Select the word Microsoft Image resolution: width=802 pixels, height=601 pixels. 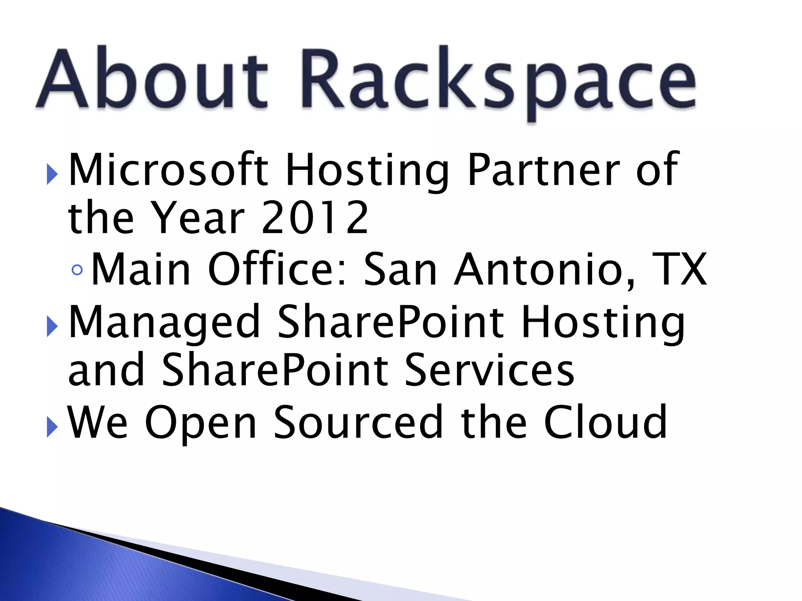tap(168, 169)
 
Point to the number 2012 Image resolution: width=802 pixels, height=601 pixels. tap(315, 218)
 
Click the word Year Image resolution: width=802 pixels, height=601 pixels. tap(198, 218)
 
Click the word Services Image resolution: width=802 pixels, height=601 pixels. tap(490, 369)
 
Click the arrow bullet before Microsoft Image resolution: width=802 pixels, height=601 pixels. tap(52, 174)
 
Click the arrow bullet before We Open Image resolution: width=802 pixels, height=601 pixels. tap(52, 427)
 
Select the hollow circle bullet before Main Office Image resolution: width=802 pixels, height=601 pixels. tap(78, 270)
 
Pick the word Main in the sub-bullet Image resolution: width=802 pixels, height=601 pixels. tap(141, 269)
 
